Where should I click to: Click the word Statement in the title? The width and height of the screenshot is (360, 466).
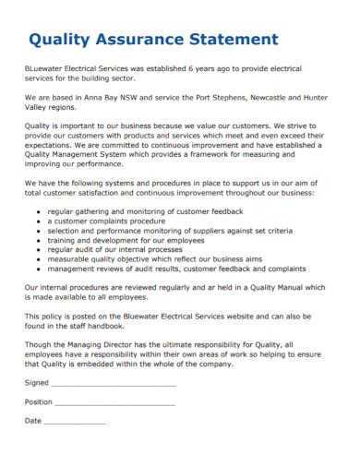235,40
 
